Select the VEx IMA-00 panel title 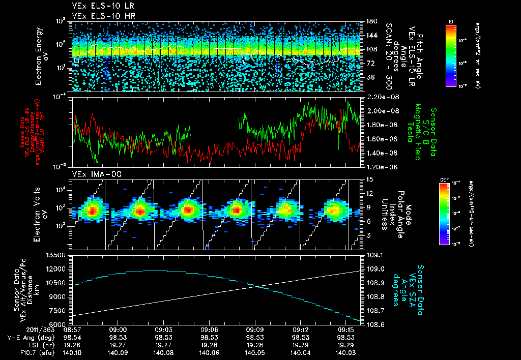[x=93, y=174]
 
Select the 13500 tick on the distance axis [x=56, y=255]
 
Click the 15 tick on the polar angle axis [x=369, y=179]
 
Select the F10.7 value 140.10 [x=73, y=352]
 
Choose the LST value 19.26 [x=73, y=345]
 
